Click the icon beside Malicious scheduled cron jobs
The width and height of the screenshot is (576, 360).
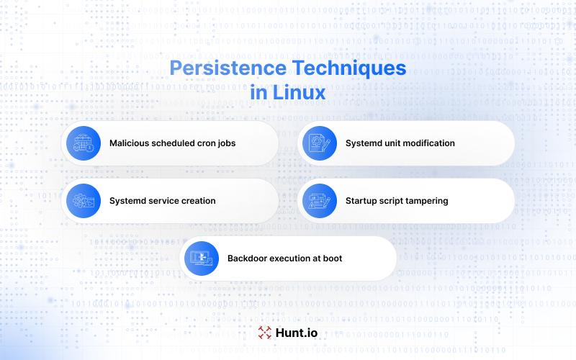click(83, 143)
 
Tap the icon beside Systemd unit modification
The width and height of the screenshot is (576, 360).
click(319, 143)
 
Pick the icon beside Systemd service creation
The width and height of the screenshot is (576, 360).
click(83, 201)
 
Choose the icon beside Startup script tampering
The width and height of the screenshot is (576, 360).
click(319, 201)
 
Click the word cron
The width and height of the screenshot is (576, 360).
click(204, 143)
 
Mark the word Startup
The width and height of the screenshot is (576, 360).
click(361, 201)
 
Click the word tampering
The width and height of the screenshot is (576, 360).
click(427, 201)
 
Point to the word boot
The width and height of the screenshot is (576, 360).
click(331, 258)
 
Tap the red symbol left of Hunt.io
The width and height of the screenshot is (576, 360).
click(264, 333)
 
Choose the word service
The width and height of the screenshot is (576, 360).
click(163, 201)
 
